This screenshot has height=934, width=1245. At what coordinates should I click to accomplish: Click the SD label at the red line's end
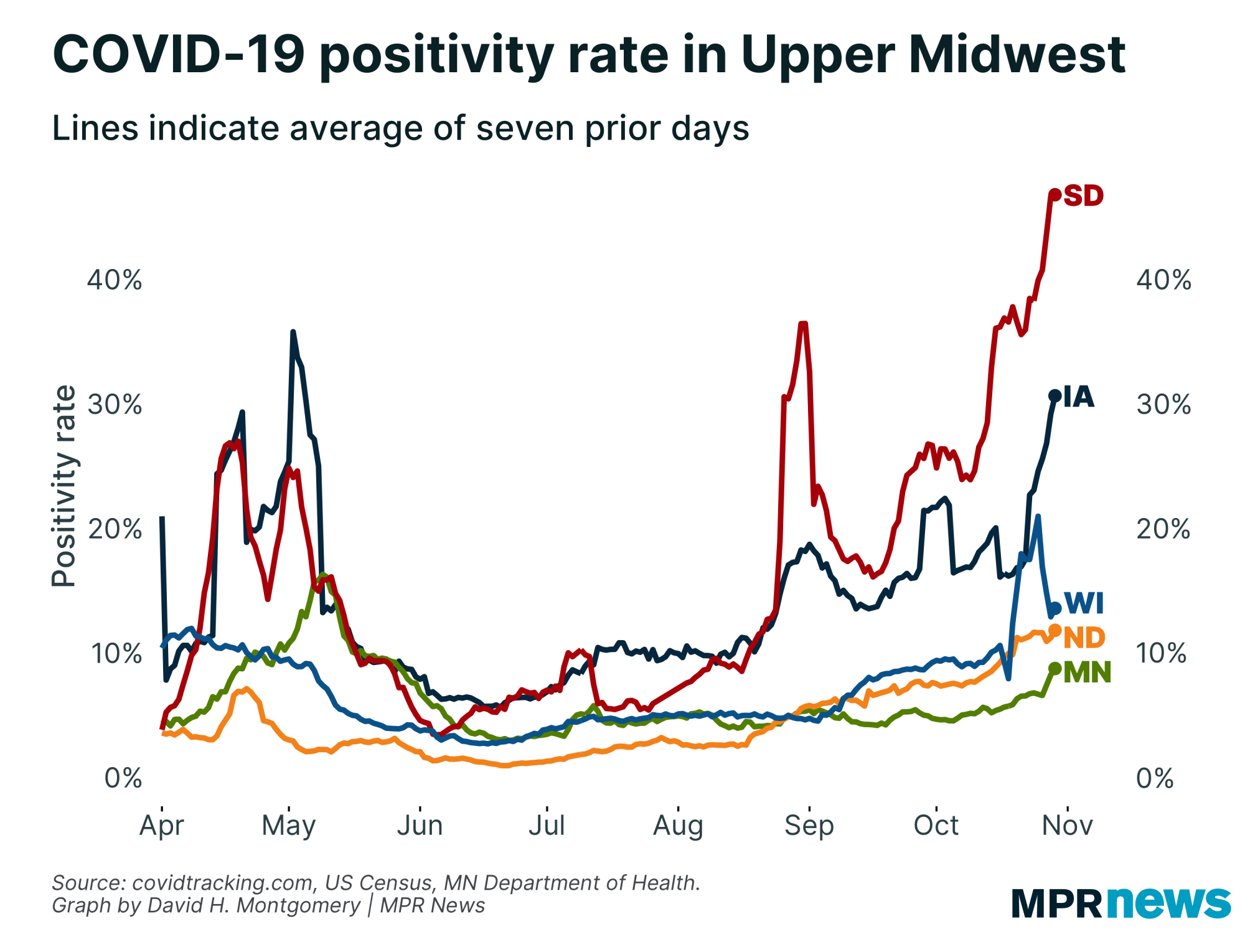click(1083, 196)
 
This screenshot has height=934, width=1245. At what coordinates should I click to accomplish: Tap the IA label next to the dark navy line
click(1078, 397)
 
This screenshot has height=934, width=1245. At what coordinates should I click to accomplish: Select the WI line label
click(1084, 603)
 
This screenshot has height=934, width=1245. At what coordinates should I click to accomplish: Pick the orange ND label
click(1084, 638)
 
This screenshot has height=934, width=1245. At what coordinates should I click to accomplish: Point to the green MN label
click(1087, 672)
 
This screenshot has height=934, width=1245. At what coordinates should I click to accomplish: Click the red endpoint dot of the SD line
click(1055, 195)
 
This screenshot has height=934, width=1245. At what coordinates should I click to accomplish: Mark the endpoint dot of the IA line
click(1055, 395)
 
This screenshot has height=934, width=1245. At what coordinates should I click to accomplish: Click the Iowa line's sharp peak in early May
click(293, 333)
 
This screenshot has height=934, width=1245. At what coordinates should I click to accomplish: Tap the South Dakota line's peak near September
click(803, 324)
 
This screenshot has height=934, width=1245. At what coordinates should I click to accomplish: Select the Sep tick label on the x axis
click(809, 826)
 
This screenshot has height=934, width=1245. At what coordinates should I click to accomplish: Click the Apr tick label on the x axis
click(162, 826)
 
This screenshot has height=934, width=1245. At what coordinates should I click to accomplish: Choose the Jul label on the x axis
click(547, 826)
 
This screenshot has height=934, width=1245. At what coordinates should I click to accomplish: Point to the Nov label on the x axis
click(1067, 826)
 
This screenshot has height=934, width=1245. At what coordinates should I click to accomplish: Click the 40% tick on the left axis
click(115, 280)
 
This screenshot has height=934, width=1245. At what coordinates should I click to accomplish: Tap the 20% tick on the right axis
click(1163, 529)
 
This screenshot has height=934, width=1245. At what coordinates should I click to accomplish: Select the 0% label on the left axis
click(123, 778)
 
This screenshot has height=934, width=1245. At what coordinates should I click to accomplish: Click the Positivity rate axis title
click(63, 486)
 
